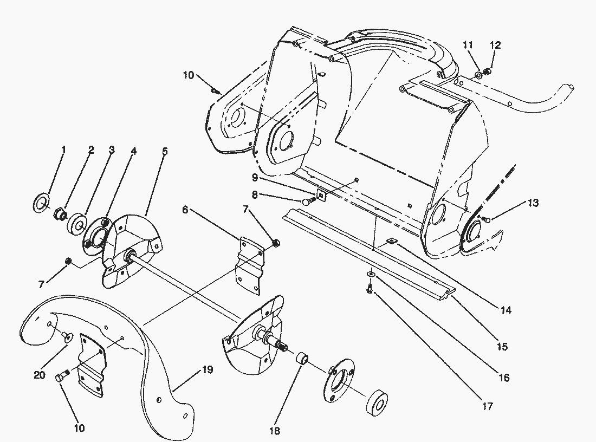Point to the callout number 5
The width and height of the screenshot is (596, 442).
(165, 151)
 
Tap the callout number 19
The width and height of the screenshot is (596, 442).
(207, 370)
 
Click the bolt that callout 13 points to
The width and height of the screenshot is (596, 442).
(485, 219)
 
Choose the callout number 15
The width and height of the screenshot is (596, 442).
(502, 347)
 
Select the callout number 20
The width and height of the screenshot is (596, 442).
(40, 375)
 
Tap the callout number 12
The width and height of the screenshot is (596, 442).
(496, 45)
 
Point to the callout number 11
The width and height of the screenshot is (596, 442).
(469, 45)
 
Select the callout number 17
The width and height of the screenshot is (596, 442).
(487, 406)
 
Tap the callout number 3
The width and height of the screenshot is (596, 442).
(111, 150)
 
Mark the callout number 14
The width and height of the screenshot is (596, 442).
(506, 310)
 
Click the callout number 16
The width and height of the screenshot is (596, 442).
(504, 378)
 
